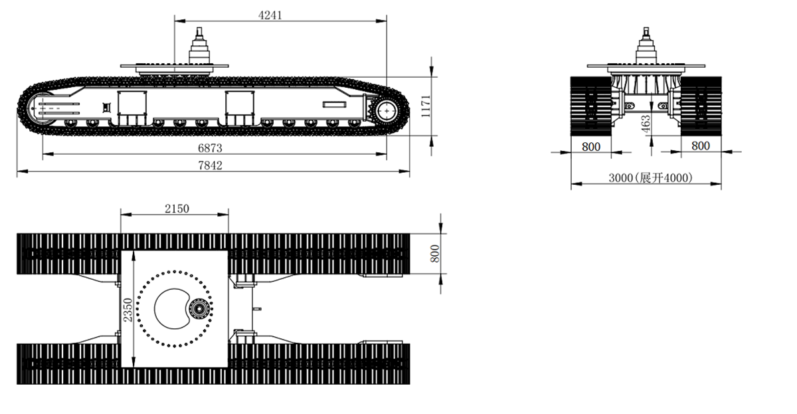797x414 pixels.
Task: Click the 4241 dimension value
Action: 270,15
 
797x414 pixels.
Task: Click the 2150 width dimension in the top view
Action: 177,209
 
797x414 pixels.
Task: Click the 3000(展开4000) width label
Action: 650,177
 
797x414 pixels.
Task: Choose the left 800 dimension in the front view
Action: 591,146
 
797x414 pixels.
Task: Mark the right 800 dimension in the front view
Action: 701,146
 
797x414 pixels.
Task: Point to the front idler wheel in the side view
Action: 41,109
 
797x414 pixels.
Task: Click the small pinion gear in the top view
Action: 198,308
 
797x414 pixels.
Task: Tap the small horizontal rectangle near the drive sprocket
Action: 334,104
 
